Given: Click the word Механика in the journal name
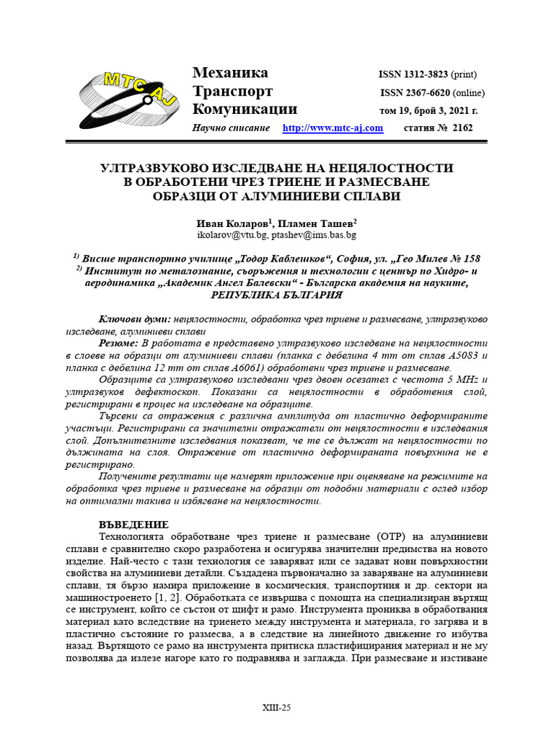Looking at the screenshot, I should pyautogui.click(x=230, y=73).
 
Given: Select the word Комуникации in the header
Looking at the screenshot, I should pyautogui.click(x=245, y=110).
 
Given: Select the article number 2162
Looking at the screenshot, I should pyautogui.click(x=461, y=128).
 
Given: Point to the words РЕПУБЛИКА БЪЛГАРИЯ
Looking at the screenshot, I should pyautogui.click(x=276, y=295).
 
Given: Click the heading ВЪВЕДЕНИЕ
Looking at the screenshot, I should pyautogui.click(x=133, y=525).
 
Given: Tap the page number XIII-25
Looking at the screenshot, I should pyautogui.click(x=276, y=708).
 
